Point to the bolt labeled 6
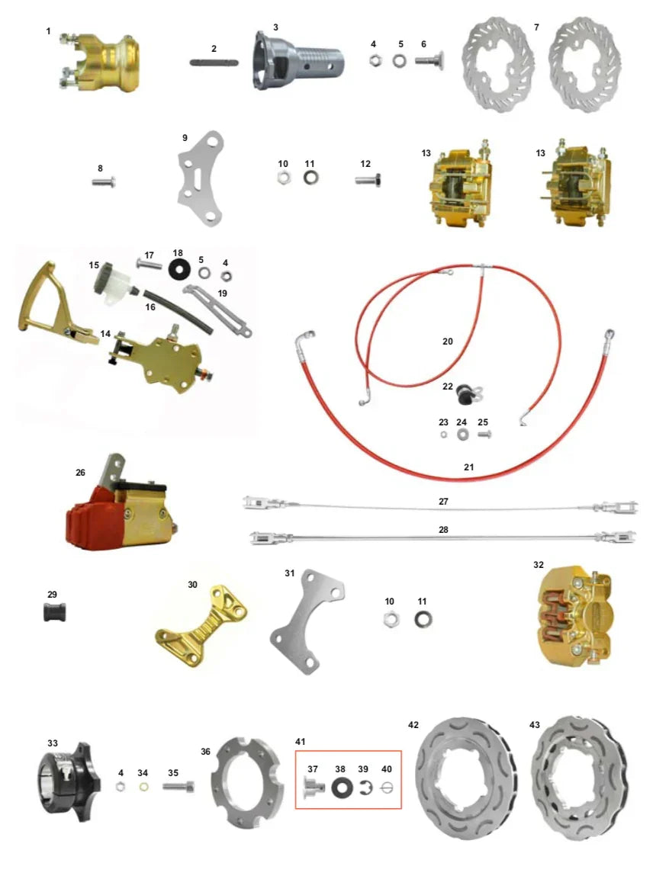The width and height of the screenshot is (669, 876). tap(429, 60)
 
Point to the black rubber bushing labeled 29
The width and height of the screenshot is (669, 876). tap(52, 611)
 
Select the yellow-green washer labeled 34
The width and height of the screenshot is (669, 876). tap(143, 787)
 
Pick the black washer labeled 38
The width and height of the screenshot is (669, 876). tap(340, 786)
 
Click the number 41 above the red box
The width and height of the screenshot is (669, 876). tap(300, 741)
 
